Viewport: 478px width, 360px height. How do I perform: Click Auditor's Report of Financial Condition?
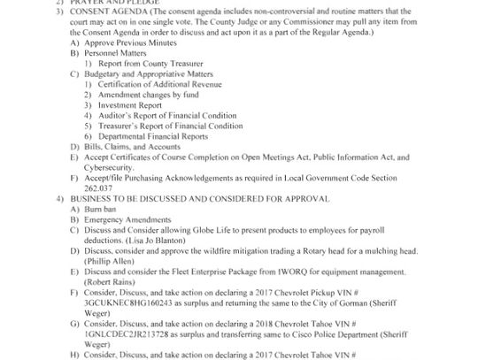pyautogui.click(x=168, y=118)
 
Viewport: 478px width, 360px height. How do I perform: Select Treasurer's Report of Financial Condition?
pyautogui.click(x=172, y=126)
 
